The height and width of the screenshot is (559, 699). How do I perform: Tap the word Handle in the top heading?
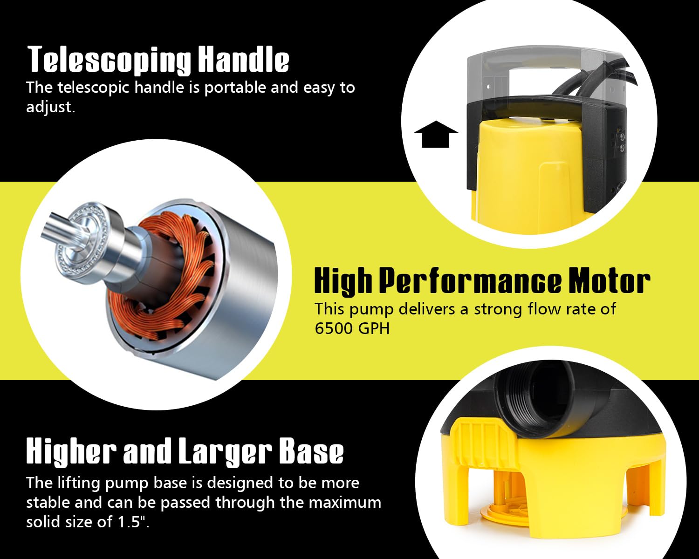(244, 59)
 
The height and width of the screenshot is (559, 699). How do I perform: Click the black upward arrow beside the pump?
(436, 134)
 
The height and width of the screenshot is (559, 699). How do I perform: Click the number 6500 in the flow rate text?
(333, 328)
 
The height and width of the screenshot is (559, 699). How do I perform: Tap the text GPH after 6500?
(374, 328)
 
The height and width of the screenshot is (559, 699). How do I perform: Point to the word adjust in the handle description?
(50, 107)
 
